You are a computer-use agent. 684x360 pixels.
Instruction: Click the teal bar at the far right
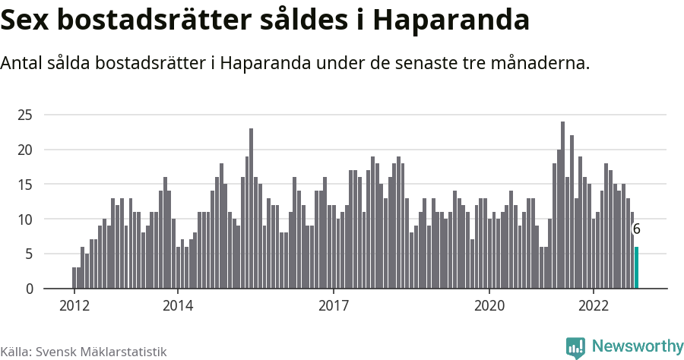coord(636,267)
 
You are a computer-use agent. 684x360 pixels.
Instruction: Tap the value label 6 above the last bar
coord(636,229)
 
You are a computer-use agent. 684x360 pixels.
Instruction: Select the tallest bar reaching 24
coord(562,205)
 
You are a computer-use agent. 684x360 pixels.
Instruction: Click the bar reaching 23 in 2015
coord(251,209)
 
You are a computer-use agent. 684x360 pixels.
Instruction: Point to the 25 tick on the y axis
coord(26,115)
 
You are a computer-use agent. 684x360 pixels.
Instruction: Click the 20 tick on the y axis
coord(26,150)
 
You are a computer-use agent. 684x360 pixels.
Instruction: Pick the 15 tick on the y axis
coord(26,185)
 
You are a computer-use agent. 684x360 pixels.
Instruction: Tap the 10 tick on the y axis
coord(26,219)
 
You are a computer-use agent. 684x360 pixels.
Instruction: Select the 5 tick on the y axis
coord(29,254)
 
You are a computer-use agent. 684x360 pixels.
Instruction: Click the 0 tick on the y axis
coord(29,289)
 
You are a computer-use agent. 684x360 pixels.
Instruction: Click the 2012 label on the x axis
coord(74,306)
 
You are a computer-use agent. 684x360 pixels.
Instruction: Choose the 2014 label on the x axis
coord(178,306)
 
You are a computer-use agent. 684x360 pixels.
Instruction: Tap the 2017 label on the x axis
coord(334,306)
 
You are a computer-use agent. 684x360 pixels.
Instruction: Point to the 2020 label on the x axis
coord(489,306)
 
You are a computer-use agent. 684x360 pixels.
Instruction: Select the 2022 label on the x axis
coord(593,306)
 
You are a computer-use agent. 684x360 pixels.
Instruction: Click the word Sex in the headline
coord(27,21)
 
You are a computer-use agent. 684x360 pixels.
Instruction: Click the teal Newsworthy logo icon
coord(575,347)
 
